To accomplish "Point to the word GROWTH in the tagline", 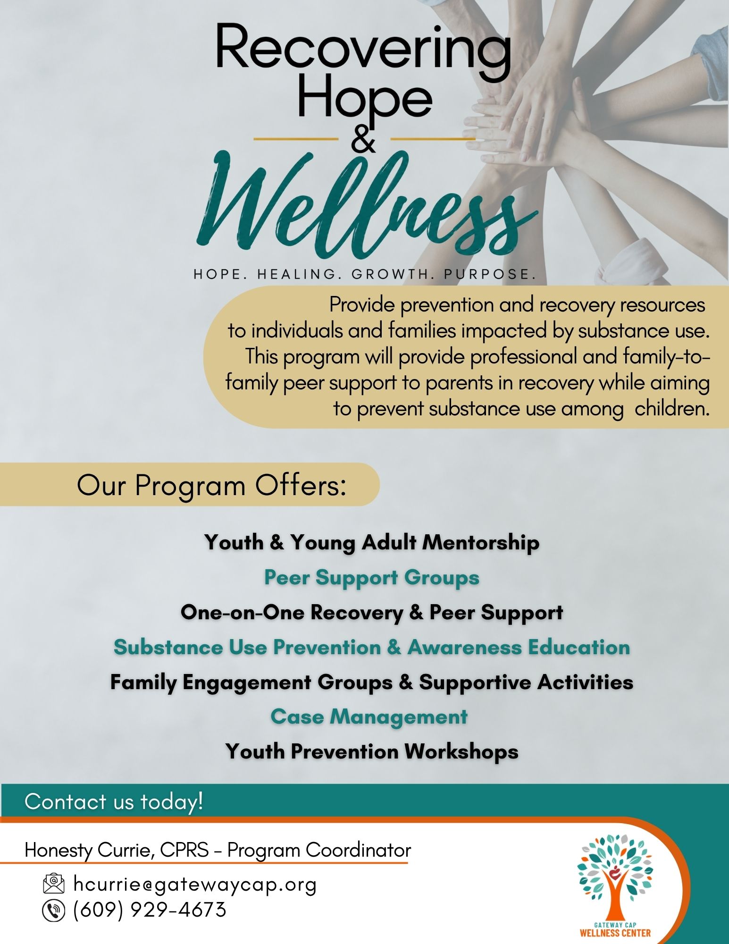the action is click(394, 274).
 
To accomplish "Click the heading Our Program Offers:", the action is click(212, 485).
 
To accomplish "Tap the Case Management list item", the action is click(369, 717).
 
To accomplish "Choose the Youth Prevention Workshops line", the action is click(372, 751).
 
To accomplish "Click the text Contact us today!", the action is click(114, 801).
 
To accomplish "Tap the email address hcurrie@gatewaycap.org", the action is click(195, 885).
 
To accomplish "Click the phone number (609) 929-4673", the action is click(150, 910).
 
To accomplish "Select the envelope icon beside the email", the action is click(53, 884).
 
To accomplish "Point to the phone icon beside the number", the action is click(53, 910).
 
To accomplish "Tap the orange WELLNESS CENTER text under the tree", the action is click(615, 933).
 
